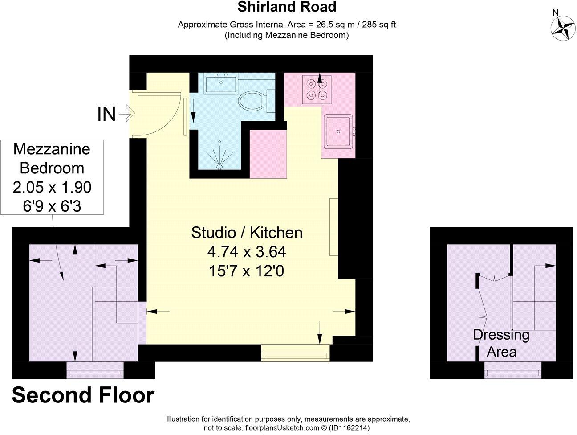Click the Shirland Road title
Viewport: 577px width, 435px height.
pos(286,7)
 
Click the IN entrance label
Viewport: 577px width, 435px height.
pos(106,115)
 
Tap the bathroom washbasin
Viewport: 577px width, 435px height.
pos(221,83)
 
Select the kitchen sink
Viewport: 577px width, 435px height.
pos(338,131)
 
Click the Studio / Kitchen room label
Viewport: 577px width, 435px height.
pos(247,232)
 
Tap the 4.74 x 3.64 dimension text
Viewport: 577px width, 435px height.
pos(246,252)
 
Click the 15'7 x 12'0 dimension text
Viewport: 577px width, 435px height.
pos(246,271)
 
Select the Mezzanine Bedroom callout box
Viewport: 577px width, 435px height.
pos(52,177)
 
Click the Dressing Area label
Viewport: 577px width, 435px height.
pos(501,343)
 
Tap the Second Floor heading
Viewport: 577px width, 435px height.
pos(83,395)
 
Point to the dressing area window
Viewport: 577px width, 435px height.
pos(513,370)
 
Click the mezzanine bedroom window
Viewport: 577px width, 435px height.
pos(95,370)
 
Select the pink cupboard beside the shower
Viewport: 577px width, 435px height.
pos(268,154)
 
